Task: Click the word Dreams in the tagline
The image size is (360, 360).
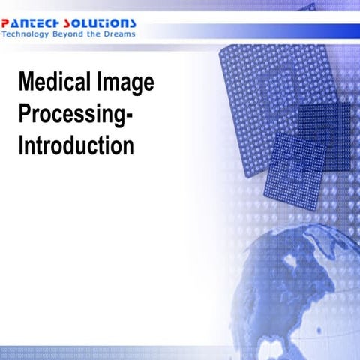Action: click(121, 34)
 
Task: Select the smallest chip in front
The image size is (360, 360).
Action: click(298, 169)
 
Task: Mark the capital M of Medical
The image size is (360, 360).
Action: click(25, 84)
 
